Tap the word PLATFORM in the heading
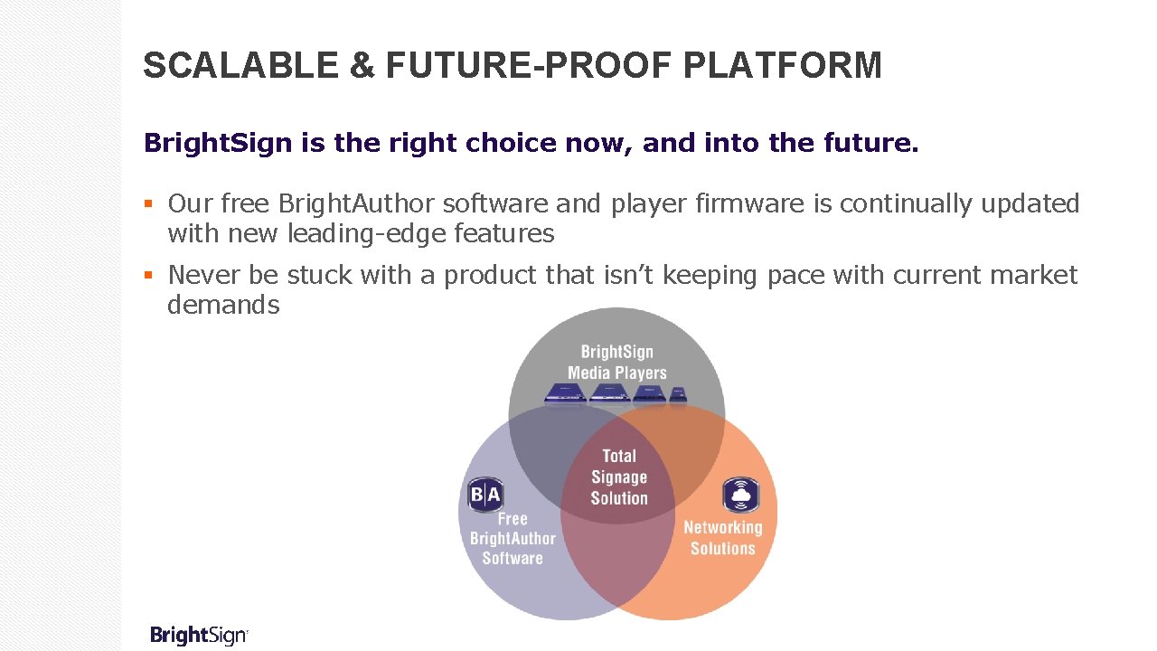[x=783, y=66]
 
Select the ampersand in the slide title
[x=361, y=66]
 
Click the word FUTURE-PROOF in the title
[x=531, y=66]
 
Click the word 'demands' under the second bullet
[x=223, y=305]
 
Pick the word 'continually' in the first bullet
[x=915, y=204]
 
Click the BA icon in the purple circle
[x=484, y=495]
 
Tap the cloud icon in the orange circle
[x=740, y=495]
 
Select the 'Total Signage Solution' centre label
[x=619, y=477]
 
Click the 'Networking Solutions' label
[x=722, y=538]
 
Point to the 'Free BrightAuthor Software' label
[x=513, y=539]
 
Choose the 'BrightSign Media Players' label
[x=616, y=362]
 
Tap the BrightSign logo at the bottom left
[x=199, y=635]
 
